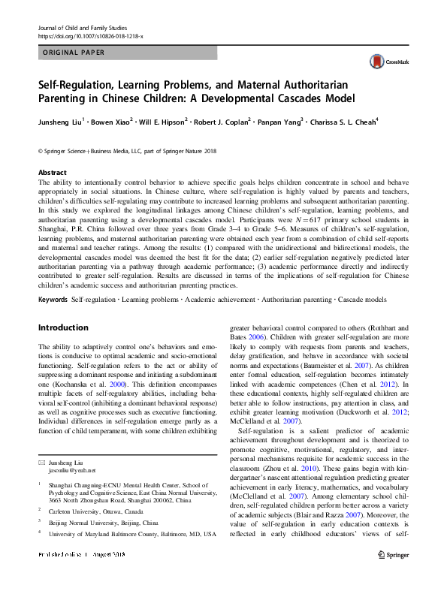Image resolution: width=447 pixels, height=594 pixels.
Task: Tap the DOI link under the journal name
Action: [x=92, y=16]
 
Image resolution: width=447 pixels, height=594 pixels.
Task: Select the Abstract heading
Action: [x=52, y=172]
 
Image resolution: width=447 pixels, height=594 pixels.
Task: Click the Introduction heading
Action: [x=63, y=327]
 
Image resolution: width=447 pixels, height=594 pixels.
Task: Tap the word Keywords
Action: [x=53, y=300]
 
